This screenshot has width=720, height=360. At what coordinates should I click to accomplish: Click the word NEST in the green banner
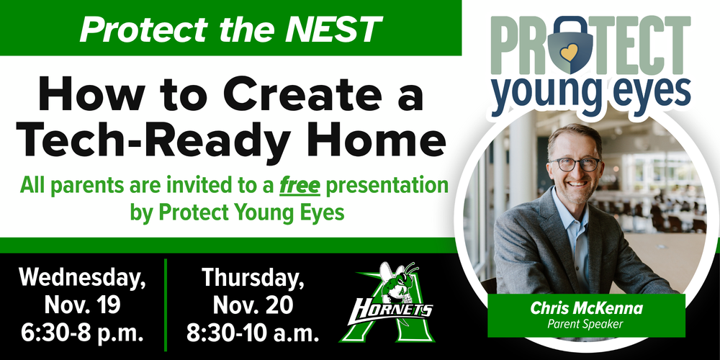(x=341, y=28)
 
